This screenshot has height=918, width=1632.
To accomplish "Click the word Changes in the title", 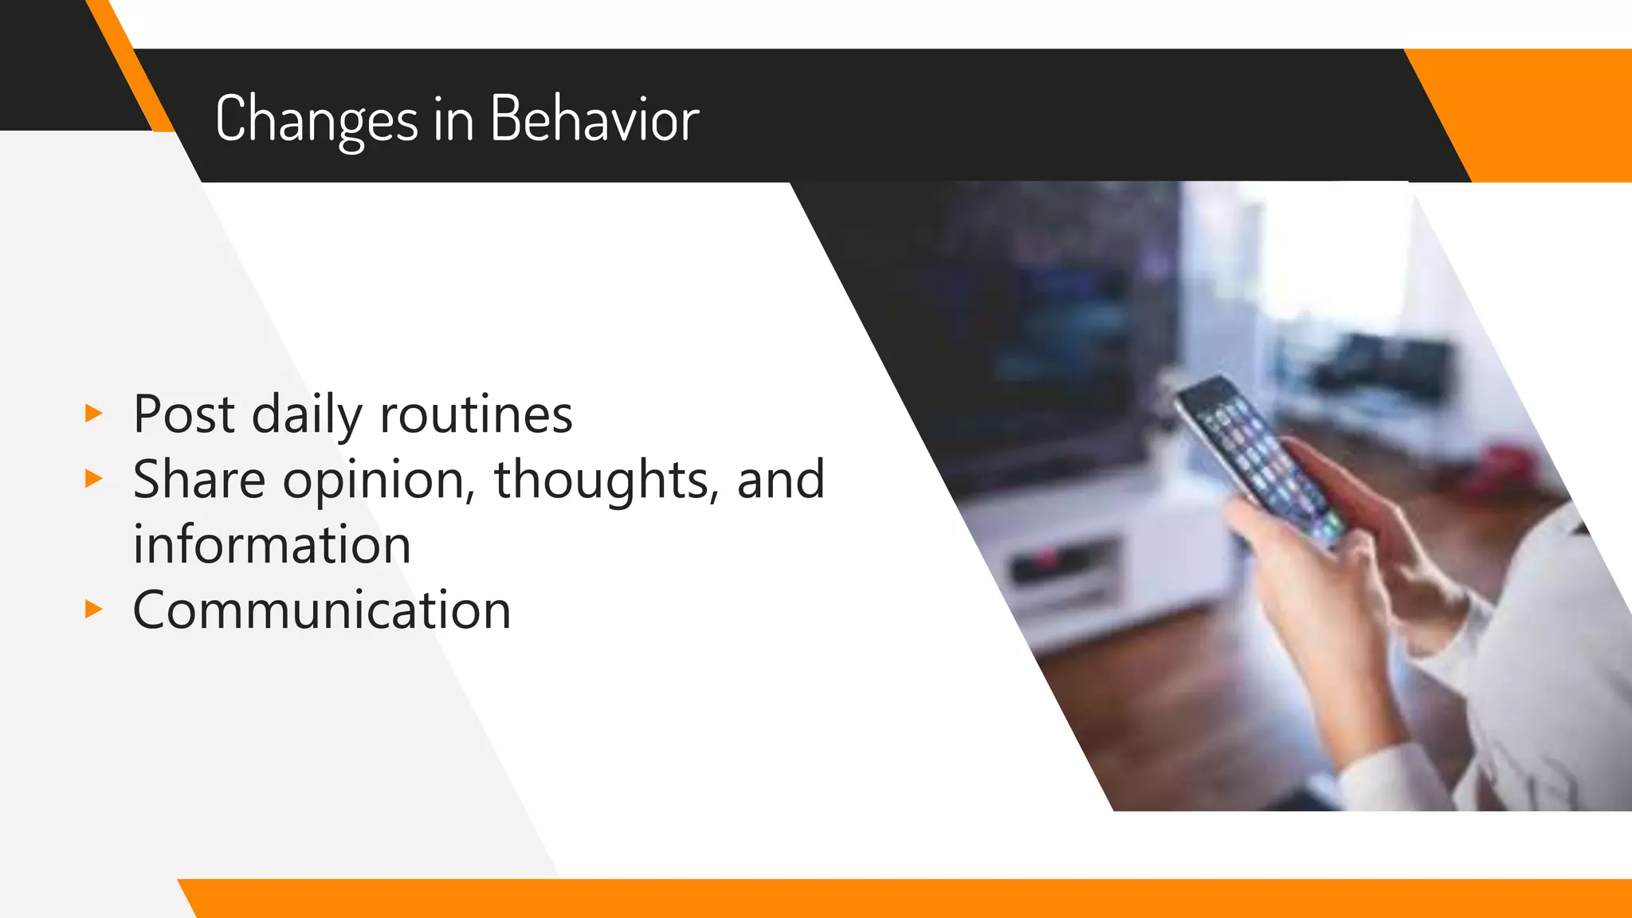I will pyautogui.click(x=316, y=120).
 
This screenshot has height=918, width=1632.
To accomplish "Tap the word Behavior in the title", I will pyautogui.click(x=594, y=120).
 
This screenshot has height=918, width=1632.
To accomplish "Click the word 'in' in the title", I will pyautogui.click(x=453, y=120).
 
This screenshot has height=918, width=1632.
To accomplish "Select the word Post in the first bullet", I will pyautogui.click(x=184, y=414).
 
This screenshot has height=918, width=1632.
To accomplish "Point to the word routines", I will pyautogui.click(x=476, y=414).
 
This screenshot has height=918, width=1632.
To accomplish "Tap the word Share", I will pyautogui.click(x=199, y=480).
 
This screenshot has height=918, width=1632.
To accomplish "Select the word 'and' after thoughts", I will pyautogui.click(x=780, y=480).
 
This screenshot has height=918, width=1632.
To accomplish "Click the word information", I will pyautogui.click(x=272, y=545).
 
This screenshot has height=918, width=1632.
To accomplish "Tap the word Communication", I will pyautogui.click(x=321, y=610).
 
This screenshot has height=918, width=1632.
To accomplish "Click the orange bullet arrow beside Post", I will pyautogui.click(x=94, y=414).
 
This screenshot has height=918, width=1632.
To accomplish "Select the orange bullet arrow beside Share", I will pyautogui.click(x=94, y=479).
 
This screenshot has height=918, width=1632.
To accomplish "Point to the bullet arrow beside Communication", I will pyautogui.click(x=94, y=610).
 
